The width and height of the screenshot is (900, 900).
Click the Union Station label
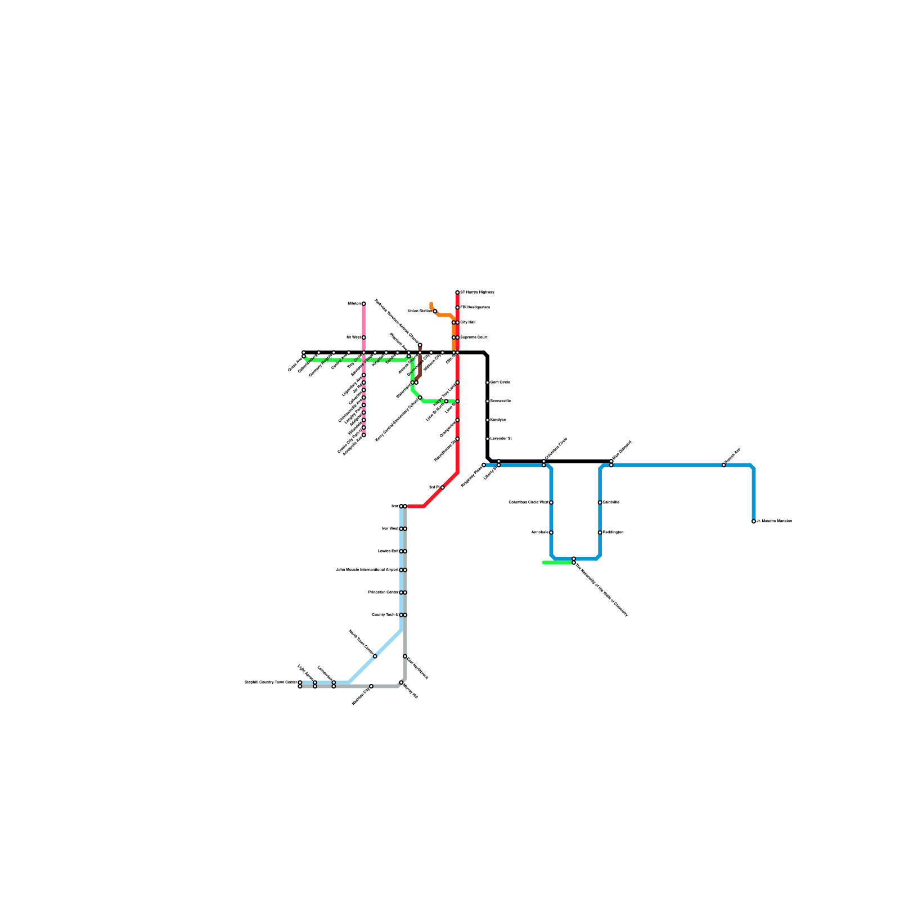pyautogui.click(x=420, y=311)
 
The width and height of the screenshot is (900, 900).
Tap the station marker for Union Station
pyautogui.click(x=435, y=311)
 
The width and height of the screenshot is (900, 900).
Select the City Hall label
pyautogui.click(x=467, y=322)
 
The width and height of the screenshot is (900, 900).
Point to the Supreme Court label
pyautogui.click(x=474, y=337)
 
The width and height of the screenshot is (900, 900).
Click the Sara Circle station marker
pyautogui.click(x=487, y=382)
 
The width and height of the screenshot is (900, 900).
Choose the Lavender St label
pyautogui.click(x=501, y=439)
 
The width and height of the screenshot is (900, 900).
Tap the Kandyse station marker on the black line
pyautogui.click(x=487, y=420)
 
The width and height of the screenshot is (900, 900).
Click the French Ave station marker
pyautogui.click(x=723, y=465)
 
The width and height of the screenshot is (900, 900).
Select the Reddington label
pyautogui.click(x=613, y=533)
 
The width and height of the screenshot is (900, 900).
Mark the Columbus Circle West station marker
pyautogui.click(x=551, y=502)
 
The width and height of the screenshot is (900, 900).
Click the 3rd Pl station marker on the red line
pyautogui.click(x=443, y=488)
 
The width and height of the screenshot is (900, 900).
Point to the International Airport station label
pyautogui.click(x=367, y=570)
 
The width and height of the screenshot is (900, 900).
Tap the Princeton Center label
pyautogui.click(x=383, y=592)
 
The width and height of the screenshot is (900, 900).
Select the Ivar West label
pyautogui.click(x=390, y=529)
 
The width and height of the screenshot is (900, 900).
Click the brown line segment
pyautogui.click(x=420, y=366)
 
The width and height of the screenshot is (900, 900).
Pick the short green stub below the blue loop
pyautogui.click(x=557, y=562)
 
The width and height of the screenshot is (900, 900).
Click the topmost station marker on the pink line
pyautogui.click(x=363, y=304)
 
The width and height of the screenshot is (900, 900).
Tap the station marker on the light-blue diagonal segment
pyautogui.click(x=375, y=656)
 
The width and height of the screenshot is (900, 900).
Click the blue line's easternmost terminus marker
pyautogui.click(x=754, y=521)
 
